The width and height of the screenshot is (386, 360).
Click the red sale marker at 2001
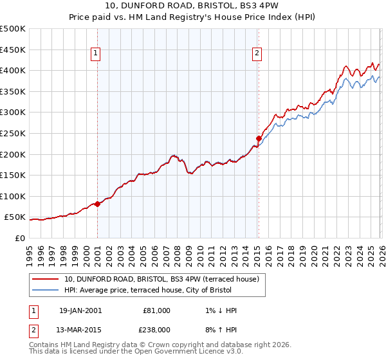click(97, 204)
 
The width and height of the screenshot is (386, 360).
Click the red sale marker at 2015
click(258, 138)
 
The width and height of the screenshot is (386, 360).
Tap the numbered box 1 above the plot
click(95, 53)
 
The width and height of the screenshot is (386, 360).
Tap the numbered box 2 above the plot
click(257, 53)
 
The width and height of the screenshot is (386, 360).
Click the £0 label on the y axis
click(19, 238)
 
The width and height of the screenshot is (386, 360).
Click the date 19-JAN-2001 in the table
click(80, 310)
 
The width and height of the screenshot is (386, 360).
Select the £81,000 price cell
click(156, 310)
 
